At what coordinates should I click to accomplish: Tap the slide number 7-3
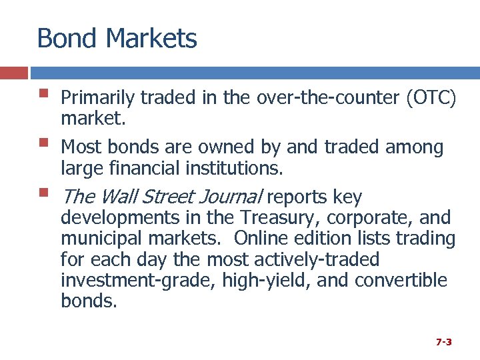444,342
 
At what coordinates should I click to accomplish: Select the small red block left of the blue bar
13,73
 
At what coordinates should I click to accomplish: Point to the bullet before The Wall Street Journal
44,193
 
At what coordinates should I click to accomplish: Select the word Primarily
98,99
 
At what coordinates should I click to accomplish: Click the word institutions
233,169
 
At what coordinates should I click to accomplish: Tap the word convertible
401,280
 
